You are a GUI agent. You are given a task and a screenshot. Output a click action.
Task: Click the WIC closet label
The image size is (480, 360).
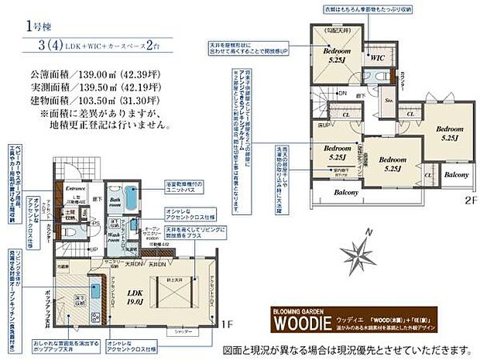(376, 57)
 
